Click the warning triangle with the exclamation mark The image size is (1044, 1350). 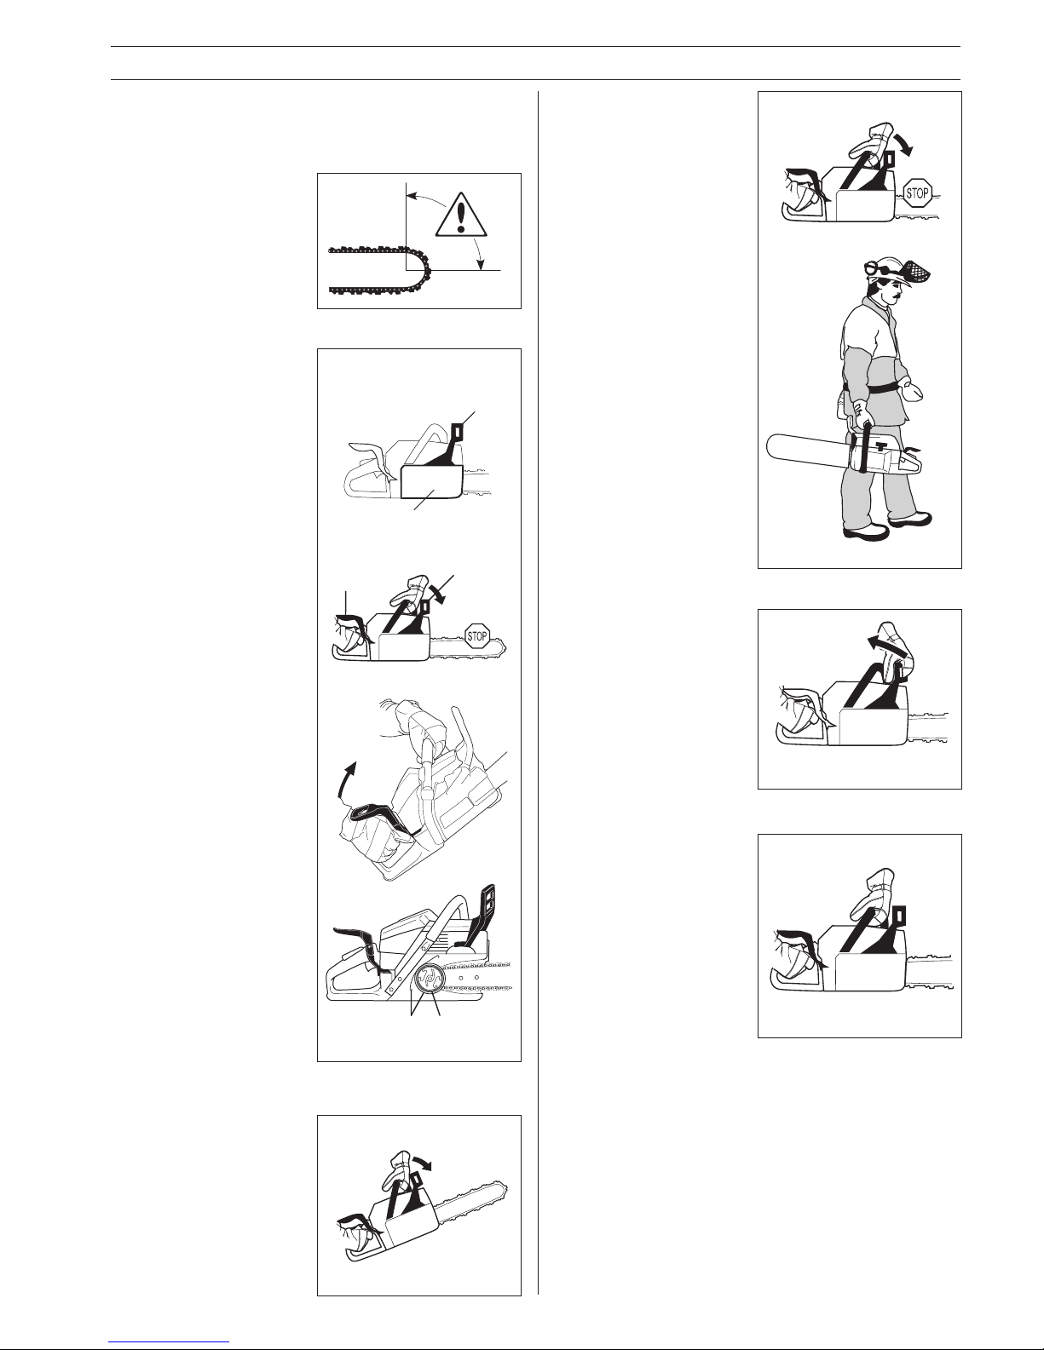[461, 215]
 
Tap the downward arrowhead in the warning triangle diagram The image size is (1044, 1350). [481, 265]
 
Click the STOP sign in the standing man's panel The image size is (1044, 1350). [917, 193]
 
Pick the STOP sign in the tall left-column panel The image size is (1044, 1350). [477, 636]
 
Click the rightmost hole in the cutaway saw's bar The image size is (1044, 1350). [477, 977]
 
